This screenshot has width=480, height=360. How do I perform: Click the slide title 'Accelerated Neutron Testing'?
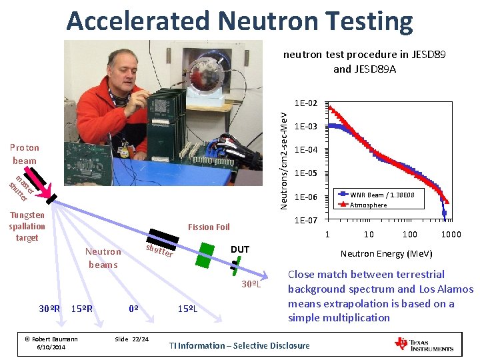pyautogui.click(x=239, y=21)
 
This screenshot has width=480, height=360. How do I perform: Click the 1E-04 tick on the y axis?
pyautogui.click(x=305, y=149)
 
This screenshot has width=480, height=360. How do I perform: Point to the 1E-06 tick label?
pyautogui.click(x=305, y=197)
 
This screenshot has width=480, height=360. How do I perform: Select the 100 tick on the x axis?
pyautogui.click(x=409, y=234)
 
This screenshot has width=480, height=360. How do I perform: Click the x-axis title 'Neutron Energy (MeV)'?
pyautogui.click(x=386, y=253)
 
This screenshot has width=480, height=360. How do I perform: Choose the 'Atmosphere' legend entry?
pyautogui.click(x=368, y=205)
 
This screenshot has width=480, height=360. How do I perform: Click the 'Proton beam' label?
pyautogui.click(x=25, y=154)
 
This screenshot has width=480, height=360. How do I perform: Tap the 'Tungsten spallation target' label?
pyautogui.click(x=27, y=227)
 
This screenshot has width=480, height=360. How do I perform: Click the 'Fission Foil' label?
pyautogui.click(x=209, y=227)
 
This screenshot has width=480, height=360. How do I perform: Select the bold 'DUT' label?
pyautogui.click(x=239, y=249)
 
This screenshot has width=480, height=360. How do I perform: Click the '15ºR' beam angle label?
pyautogui.click(x=81, y=309)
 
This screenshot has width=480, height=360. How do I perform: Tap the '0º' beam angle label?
pyautogui.click(x=133, y=309)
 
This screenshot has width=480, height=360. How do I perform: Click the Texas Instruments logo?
pyautogui.click(x=424, y=345)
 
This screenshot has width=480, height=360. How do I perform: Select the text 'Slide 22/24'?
pyautogui.click(x=132, y=339)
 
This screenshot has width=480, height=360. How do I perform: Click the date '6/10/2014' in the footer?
pyautogui.click(x=51, y=347)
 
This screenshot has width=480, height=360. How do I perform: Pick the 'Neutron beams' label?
pyautogui.click(x=103, y=258)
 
